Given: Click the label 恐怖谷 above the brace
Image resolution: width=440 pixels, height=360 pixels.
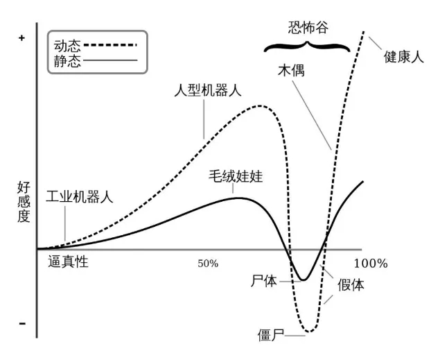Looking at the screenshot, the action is (x=308, y=28).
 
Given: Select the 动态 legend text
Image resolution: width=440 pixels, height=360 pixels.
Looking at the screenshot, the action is (x=67, y=46).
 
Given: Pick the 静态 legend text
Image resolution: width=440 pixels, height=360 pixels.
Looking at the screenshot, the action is (x=67, y=60).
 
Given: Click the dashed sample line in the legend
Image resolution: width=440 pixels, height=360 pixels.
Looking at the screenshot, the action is (x=110, y=44).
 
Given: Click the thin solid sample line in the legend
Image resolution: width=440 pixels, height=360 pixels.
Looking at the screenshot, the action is (x=110, y=60).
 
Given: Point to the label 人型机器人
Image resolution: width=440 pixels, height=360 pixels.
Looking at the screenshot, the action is (x=208, y=90).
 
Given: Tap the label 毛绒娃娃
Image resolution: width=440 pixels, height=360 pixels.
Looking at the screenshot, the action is (x=236, y=176).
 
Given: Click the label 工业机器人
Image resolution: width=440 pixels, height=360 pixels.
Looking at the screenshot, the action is (x=80, y=196).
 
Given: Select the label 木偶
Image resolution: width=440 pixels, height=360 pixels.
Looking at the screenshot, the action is (x=291, y=70).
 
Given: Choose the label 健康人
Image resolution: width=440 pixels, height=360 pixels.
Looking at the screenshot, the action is (x=403, y=56).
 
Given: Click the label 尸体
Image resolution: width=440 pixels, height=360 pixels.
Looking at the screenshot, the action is (x=264, y=281).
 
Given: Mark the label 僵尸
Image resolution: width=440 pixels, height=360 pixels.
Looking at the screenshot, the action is (x=271, y=335).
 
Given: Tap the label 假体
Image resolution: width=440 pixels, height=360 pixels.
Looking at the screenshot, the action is (x=351, y=285).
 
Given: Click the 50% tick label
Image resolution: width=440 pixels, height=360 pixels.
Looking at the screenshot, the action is (x=208, y=264).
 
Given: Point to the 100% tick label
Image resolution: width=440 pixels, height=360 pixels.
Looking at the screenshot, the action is (x=371, y=264).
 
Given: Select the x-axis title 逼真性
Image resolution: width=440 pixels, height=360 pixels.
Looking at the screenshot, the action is (x=68, y=262).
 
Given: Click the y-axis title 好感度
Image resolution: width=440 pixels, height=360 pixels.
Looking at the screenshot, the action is (x=24, y=202).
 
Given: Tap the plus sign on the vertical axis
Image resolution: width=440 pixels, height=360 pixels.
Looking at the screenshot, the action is (x=22, y=38).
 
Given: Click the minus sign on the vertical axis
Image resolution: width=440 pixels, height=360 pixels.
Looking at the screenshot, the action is (x=22, y=324).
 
